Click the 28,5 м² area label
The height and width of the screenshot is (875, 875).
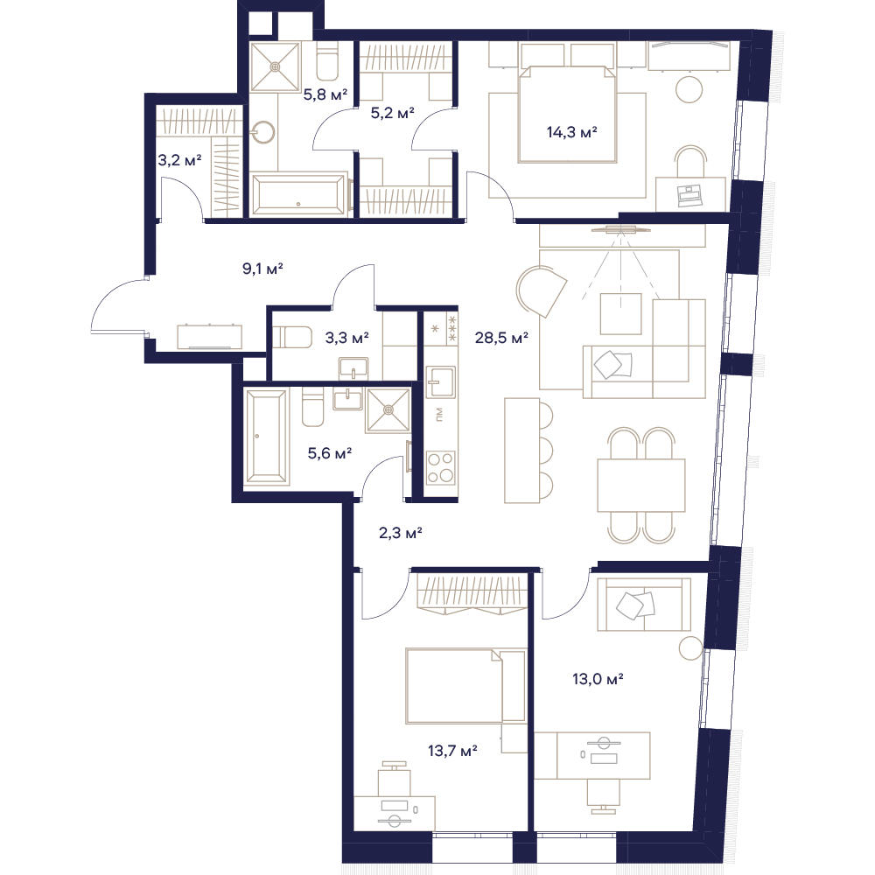[x=501, y=338]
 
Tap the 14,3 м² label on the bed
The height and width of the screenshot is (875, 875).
[x=571, y=132]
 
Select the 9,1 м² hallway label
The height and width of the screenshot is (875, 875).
[x=262, y=269]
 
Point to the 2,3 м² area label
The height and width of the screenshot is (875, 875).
[x=400, y=533]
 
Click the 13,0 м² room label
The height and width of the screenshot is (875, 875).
[x=598, y=679]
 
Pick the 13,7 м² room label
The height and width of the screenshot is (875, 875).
[x=452, y=751]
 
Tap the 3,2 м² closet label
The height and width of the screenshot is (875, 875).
[x=179, y=161]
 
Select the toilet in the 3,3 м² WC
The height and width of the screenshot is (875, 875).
[x=290, y=337]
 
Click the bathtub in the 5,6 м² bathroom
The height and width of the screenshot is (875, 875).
[x=267, y=436]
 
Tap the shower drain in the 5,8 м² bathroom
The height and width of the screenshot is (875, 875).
[x=275, y=66]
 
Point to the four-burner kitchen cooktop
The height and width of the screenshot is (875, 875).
[x=441, y=467]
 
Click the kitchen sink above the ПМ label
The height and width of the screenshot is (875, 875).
[x=441, y=381]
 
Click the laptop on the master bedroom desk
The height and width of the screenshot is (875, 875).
[x=689, y=193]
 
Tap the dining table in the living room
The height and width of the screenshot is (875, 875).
[x=641, y=485]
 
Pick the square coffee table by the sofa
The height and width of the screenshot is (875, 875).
[x=620, y=313]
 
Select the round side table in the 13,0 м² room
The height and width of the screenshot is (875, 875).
[x=691, y=647]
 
